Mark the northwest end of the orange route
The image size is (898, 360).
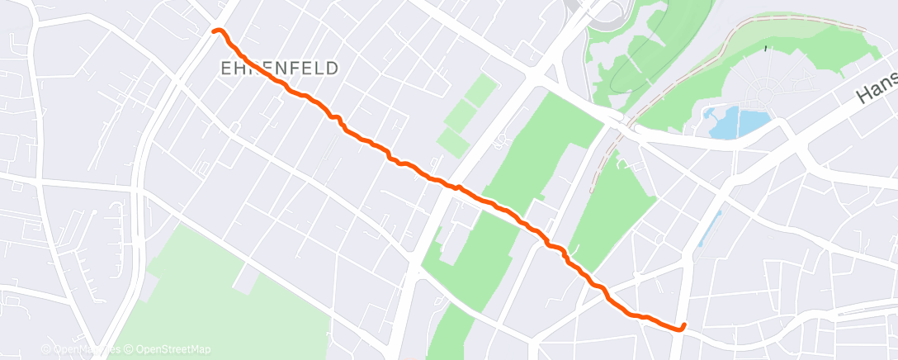click(215, 31)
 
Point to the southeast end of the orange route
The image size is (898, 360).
click(684, 325)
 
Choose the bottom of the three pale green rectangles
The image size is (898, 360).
click(453, 141)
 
